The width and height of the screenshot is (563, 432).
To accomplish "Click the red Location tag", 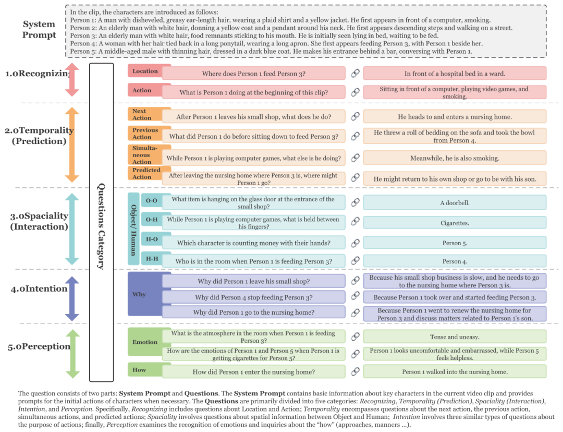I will [x=145, y=71].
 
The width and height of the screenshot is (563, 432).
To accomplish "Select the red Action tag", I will [x=142, y=90].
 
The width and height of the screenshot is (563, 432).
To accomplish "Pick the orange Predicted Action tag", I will [x=146, y=174].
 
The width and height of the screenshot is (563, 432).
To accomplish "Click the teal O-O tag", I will [x=151, y=201].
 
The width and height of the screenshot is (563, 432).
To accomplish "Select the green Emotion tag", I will [x=145, y=342].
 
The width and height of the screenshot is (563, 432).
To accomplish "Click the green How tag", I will [x=139, y=370].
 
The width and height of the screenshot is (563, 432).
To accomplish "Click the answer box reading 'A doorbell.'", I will [x=455, y=203].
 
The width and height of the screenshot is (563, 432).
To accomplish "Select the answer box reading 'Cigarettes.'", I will [x=455, y=223].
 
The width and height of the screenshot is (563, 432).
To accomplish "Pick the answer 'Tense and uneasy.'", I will [x=455, y=337].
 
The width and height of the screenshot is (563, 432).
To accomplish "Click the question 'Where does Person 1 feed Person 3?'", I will [x=253, y=74].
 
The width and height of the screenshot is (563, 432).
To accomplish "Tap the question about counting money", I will [x=253, y=243].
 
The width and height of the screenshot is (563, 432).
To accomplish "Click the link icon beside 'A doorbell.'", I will [x=355, y=202].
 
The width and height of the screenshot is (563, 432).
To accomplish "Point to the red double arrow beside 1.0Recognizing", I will [x=72, y=79].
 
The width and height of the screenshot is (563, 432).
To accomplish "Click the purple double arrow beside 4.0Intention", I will [x=72, y=298].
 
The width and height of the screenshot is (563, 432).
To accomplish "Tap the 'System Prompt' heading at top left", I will [x=39, y=30].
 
